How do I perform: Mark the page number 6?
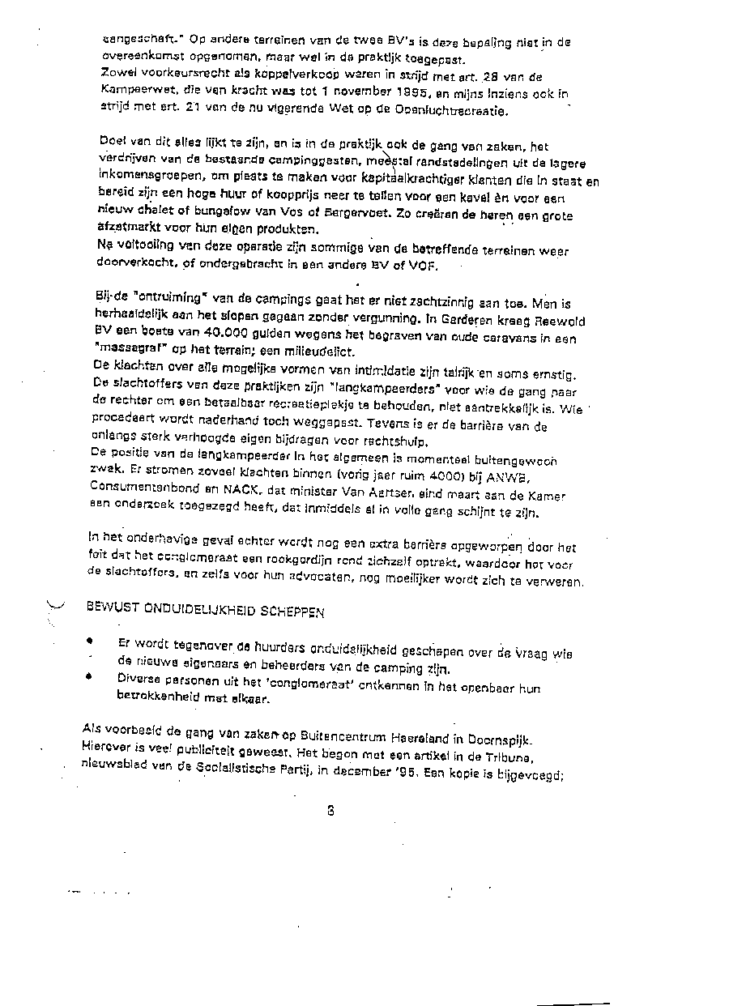pyautogui.click(x=331, y=810)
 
